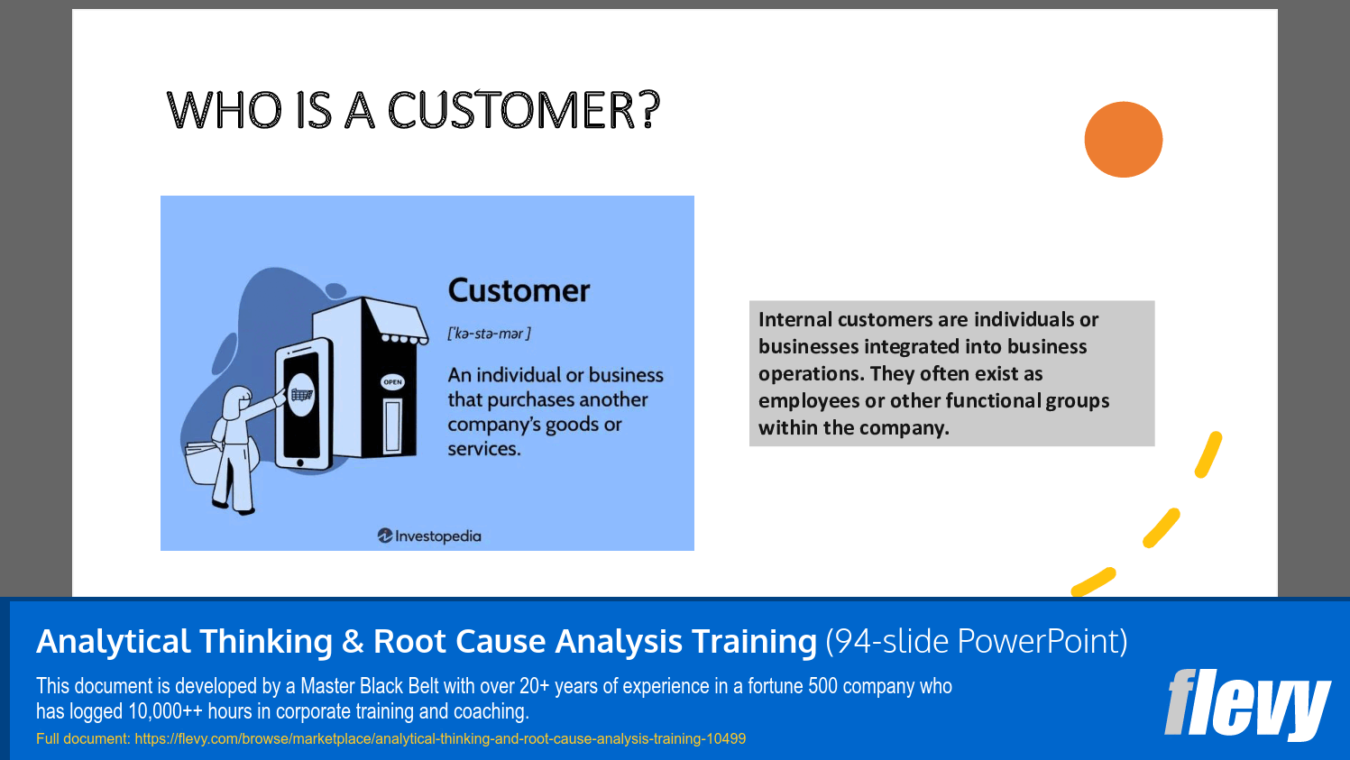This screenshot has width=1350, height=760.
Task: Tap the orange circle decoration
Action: (x=1123, y=140)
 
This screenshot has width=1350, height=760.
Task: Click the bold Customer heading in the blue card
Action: (x=519, y=291)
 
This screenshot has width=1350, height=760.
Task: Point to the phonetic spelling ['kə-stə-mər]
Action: (x=489, y=334)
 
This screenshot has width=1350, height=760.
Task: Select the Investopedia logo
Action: (x=429, y=536)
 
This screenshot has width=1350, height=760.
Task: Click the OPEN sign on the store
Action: (x=392, y=382)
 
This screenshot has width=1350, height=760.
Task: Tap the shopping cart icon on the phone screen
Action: (x=301, y=395)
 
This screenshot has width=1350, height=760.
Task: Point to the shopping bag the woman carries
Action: (x=204, y=462)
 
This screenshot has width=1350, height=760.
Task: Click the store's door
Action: (x=393, y=426)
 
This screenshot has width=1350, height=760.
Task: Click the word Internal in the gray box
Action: (x=794, y=320)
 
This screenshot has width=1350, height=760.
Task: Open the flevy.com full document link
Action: (x=440, y=739)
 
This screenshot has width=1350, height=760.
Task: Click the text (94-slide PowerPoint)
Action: (x=976, y=642)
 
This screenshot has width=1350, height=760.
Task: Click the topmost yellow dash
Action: (x=1208, y=455)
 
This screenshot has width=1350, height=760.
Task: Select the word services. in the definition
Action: (x=483, y=449)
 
